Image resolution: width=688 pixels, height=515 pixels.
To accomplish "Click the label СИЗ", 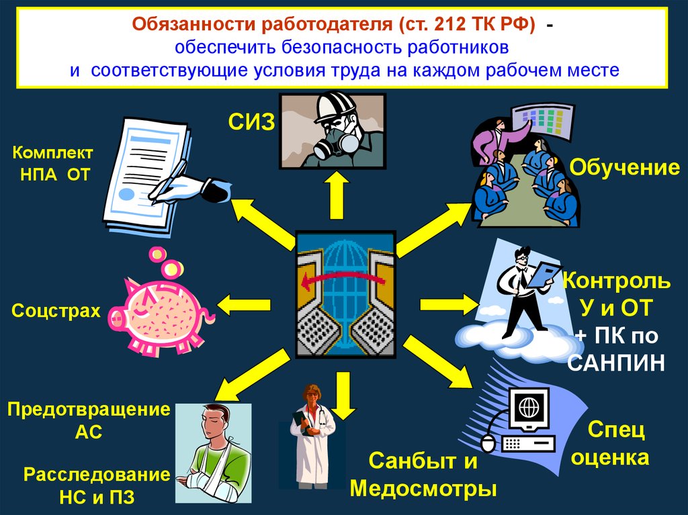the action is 251,122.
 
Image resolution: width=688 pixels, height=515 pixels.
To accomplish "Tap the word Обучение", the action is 624,168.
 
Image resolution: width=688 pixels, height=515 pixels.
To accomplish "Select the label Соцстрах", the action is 56,310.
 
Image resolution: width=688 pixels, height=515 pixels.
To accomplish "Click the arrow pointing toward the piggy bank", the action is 243,304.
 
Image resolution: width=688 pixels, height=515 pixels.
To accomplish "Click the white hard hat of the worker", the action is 335,105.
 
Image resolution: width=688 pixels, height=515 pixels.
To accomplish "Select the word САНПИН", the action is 615,363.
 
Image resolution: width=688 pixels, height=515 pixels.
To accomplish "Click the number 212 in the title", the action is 449,24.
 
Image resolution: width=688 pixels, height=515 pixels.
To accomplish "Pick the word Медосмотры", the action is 423,488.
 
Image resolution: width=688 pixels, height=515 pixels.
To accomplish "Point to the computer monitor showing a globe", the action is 528,410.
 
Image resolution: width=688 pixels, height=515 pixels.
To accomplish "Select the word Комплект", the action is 52,152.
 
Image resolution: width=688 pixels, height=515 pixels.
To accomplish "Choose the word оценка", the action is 610,457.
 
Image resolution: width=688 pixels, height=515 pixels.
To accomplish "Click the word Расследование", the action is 97,474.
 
